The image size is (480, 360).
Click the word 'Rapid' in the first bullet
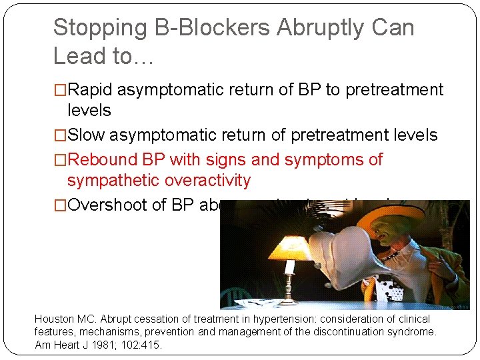click(x=95, y=90)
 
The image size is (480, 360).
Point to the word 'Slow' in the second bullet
click(x=87, y=135)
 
